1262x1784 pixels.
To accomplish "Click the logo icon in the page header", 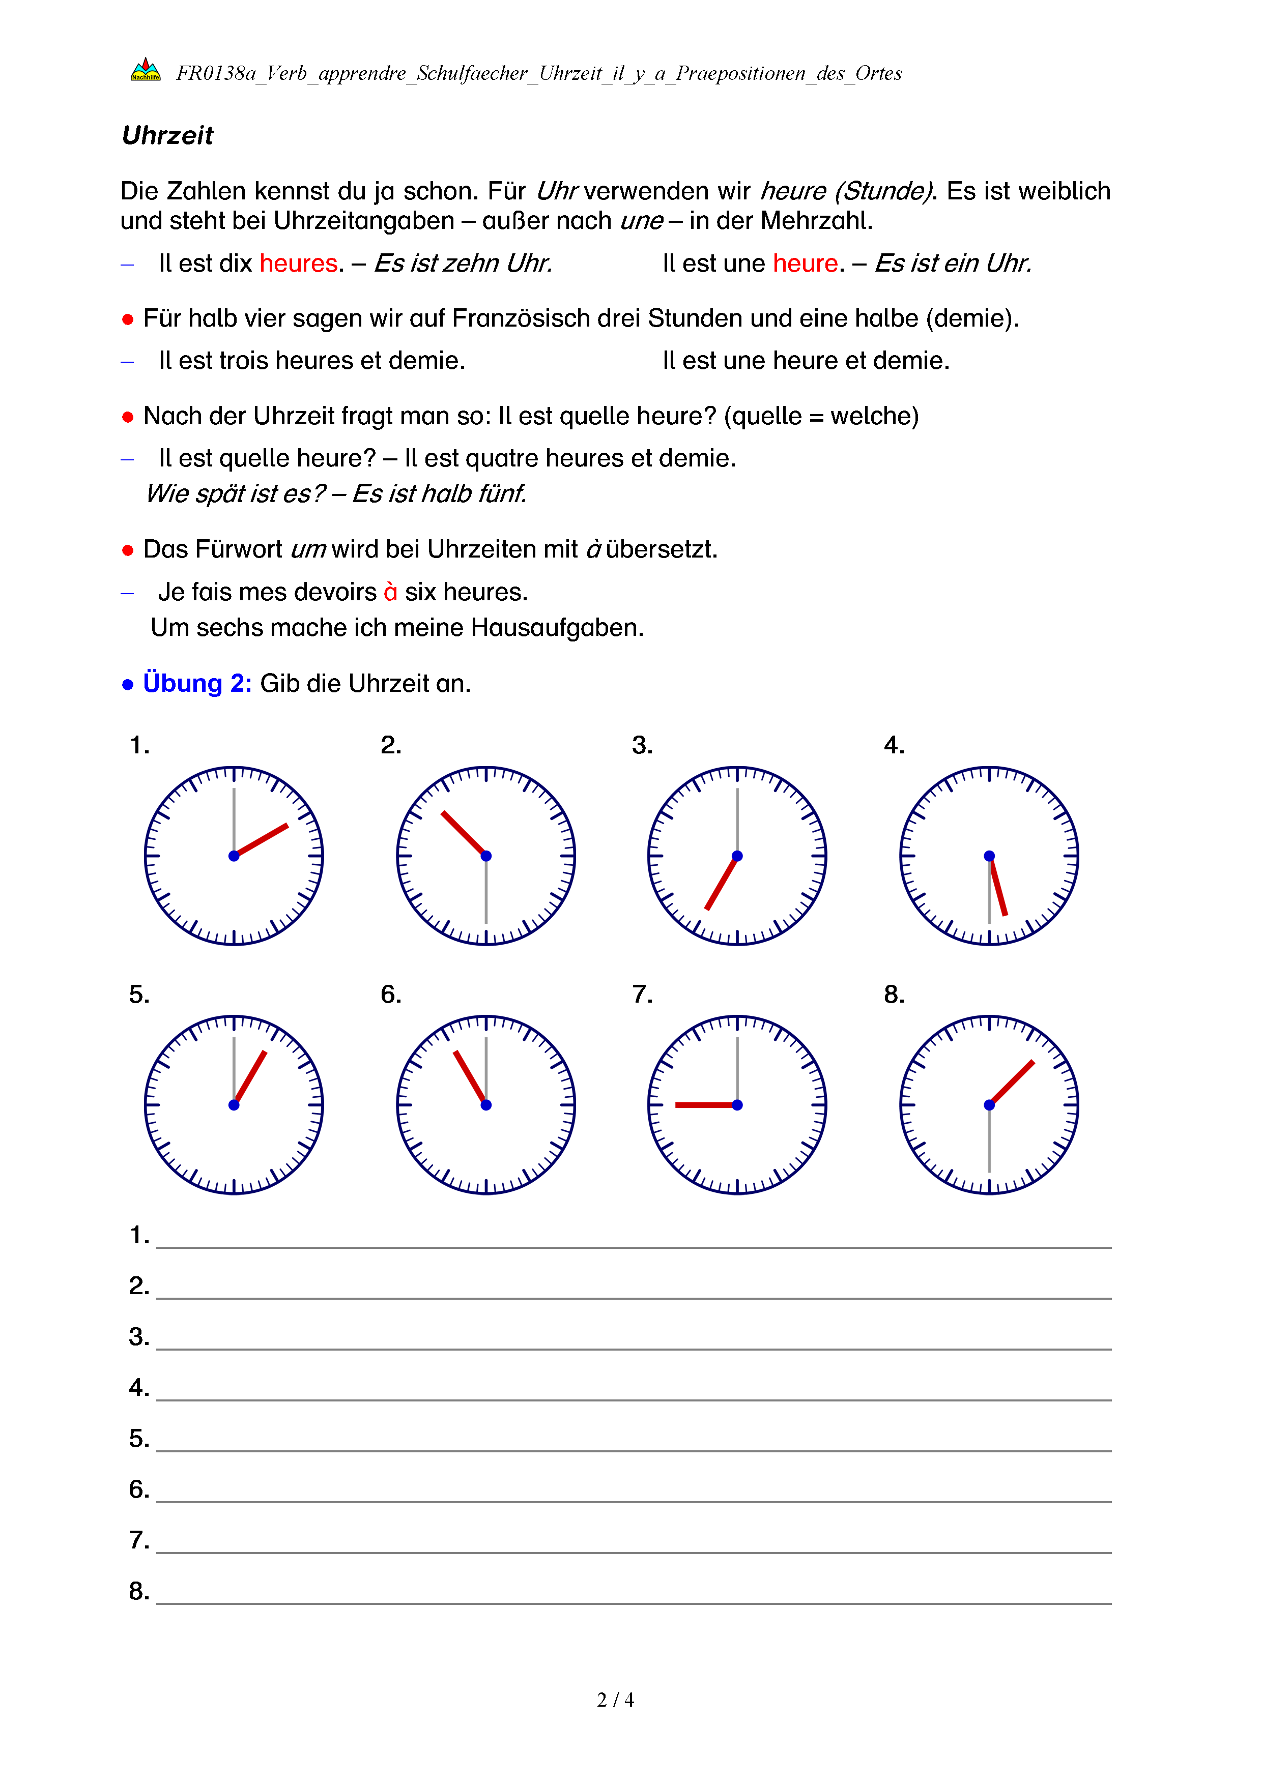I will [146, 70].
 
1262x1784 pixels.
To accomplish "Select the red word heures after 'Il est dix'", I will [298, 264].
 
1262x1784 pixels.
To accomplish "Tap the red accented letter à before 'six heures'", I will [390, 592].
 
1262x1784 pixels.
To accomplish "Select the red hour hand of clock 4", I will [998, 887].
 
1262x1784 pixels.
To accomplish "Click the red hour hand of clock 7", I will [705, 1105].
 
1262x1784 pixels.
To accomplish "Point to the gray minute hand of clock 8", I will [989, 1139].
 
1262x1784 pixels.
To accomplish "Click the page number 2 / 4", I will [615, 1700].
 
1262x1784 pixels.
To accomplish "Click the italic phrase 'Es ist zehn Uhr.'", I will [463, 264].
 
